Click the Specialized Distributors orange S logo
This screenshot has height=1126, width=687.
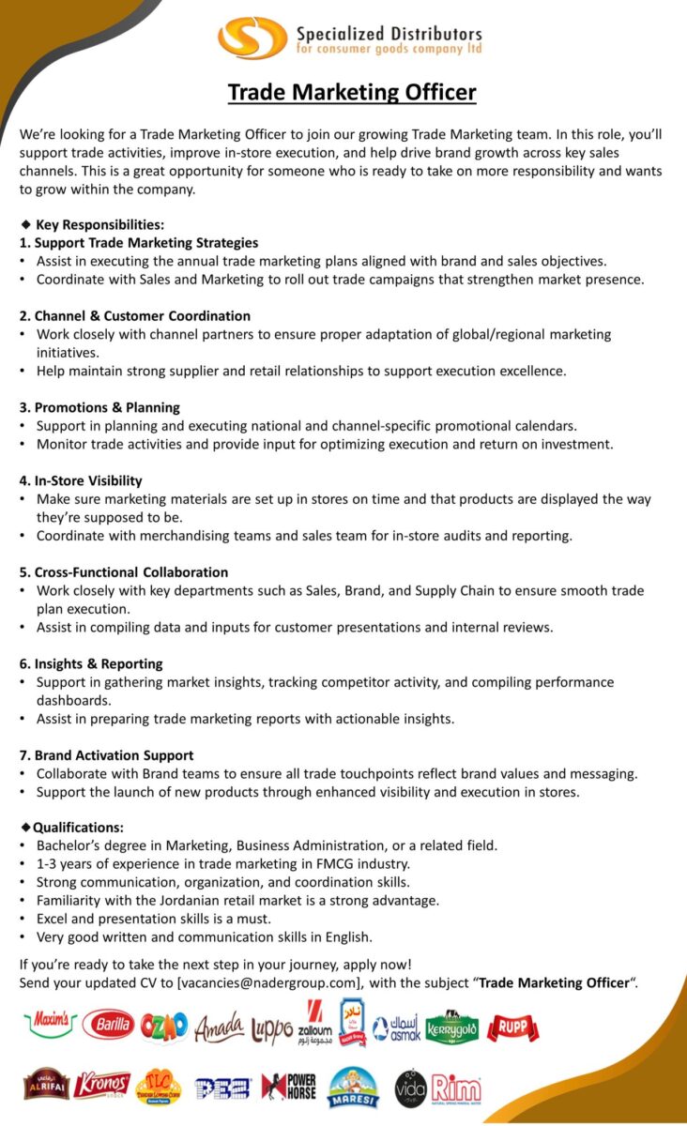tap(252, 38)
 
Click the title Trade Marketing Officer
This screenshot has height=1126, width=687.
tap(352, 92)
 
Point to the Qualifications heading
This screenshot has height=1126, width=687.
tap(78, 828)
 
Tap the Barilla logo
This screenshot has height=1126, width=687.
tap(108, 1027)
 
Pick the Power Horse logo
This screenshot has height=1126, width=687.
tap(289, 1087)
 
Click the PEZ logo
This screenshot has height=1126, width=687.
tap(222, 1088)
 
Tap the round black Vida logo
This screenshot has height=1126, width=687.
tap(410, 1088)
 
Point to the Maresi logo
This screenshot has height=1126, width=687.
tap(353, 1088)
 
